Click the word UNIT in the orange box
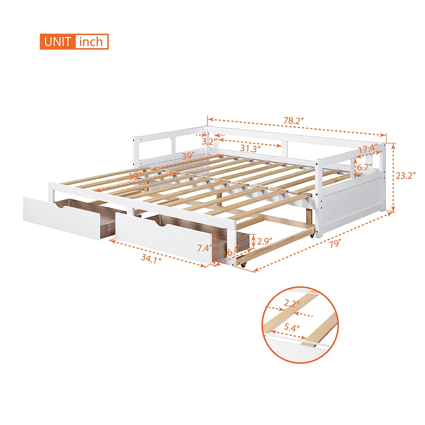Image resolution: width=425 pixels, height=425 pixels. tap(57, 42)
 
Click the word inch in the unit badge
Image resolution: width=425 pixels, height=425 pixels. tap(91, 42)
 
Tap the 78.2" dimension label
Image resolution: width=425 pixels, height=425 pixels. tap(294, 121)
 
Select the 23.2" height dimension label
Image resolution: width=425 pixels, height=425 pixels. tap(405, 176)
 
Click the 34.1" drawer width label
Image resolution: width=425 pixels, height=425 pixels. tap(151, 258)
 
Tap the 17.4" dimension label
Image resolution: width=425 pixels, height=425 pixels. tap(367, 149)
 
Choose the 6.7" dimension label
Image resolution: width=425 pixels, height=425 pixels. tap(364, 167)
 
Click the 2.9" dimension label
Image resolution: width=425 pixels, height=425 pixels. tap(265, 241)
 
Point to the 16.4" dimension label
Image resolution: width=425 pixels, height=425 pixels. tap(232, 251)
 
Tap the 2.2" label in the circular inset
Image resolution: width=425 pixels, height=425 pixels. tap(292, 304)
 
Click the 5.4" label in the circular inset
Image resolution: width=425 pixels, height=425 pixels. tap(292, 328)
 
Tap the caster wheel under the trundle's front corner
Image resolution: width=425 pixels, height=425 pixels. tap(243, 265)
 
